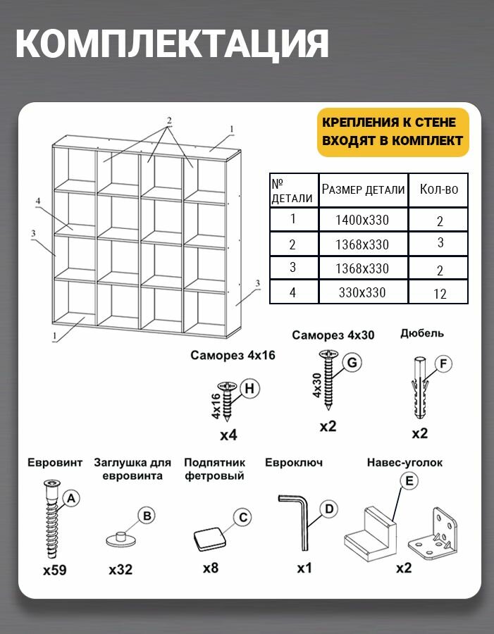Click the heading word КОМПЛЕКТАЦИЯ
click(172, 44)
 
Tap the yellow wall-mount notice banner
click(393, 132)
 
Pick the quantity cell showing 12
click(440, 294)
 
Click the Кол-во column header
click(438, 189)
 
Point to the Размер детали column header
click(364, 189)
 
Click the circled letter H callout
click(250, 387)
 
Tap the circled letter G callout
click(352, 363)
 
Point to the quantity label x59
click(54, 570)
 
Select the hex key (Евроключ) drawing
click(296, 521)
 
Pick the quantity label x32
click(121, 570)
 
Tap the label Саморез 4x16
click(233, 356)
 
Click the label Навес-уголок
click(405, 463)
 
